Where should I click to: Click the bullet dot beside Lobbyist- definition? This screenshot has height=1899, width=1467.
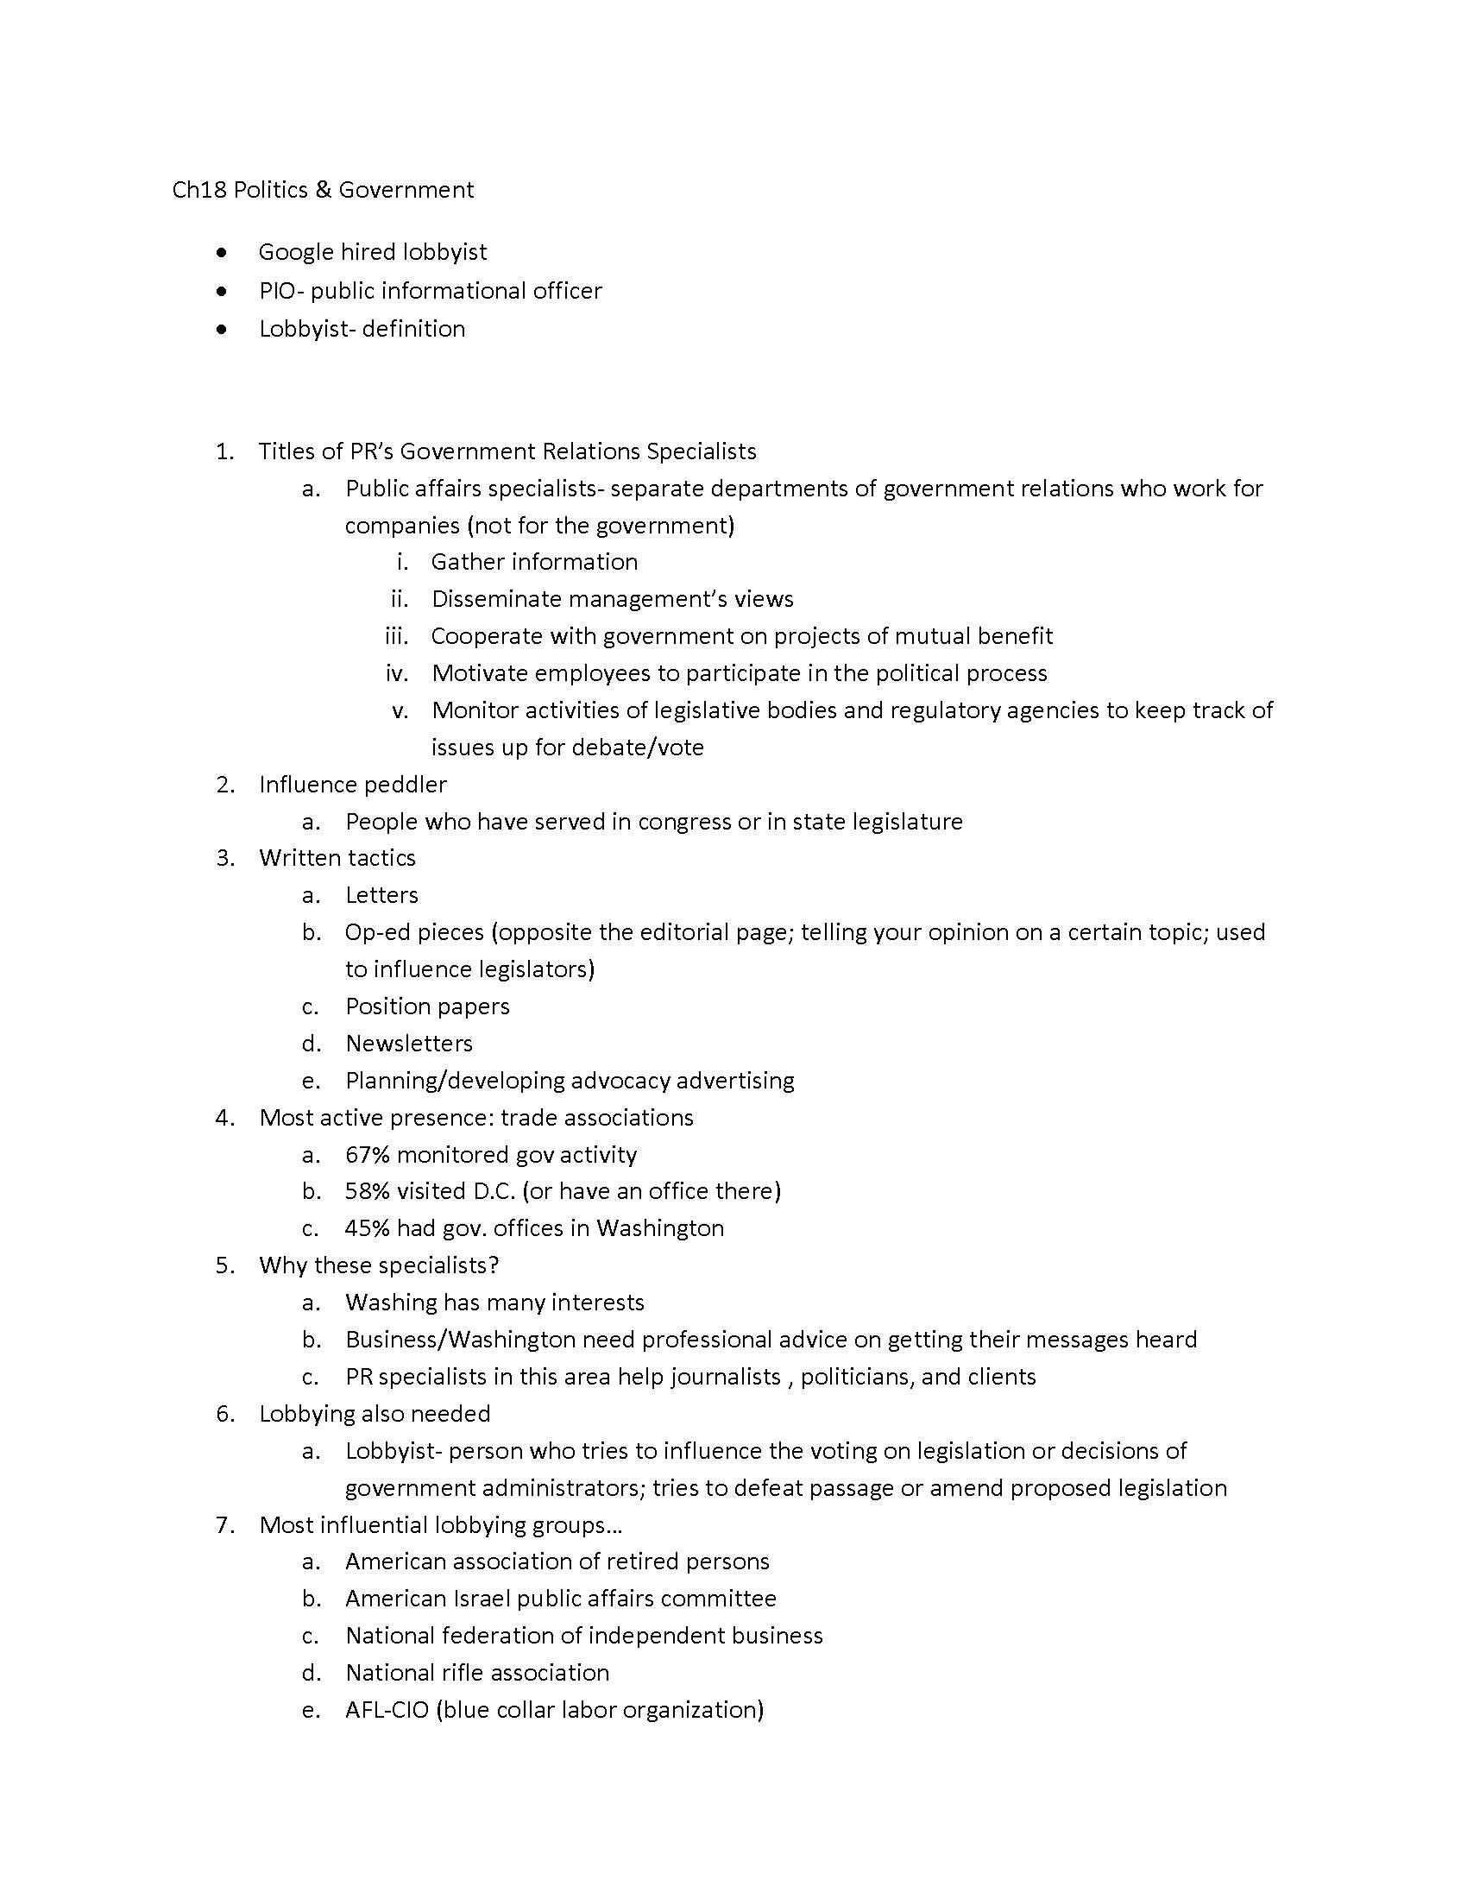click(x=224, y=329)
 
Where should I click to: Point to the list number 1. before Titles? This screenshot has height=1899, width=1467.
click(x=225, y=451)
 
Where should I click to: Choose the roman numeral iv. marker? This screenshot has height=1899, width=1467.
click(x=397, y=673)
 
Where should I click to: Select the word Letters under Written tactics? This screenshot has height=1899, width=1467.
click(x=381, y=895)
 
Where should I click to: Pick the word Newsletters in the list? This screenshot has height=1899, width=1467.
click(x=408, y=1044)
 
